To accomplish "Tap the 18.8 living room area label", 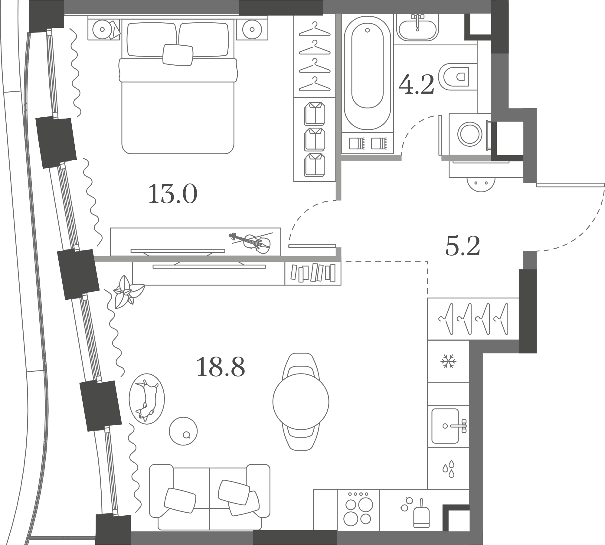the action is pyautogui.click(x=221, y=367).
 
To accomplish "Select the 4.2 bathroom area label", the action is pyautogui.click(x=416, y=84).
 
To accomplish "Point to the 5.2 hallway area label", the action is pyautogui.click(x=463, y=246).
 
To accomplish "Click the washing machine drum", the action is pyautogui.click(x=470, y=134).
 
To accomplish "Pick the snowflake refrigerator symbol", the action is pyautogui.click(x=448, y=361).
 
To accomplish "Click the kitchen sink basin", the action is pyautogui.click(x=445, y=426).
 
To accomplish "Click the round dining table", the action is pyautogui.click(x=301, y=402).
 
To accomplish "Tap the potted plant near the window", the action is pyautogui.click(x=127, y=292).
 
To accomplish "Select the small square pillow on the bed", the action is pyautogui.click(x=178, y=55).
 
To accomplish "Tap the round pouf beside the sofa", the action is pyautogui.click(x=183, y=431).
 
